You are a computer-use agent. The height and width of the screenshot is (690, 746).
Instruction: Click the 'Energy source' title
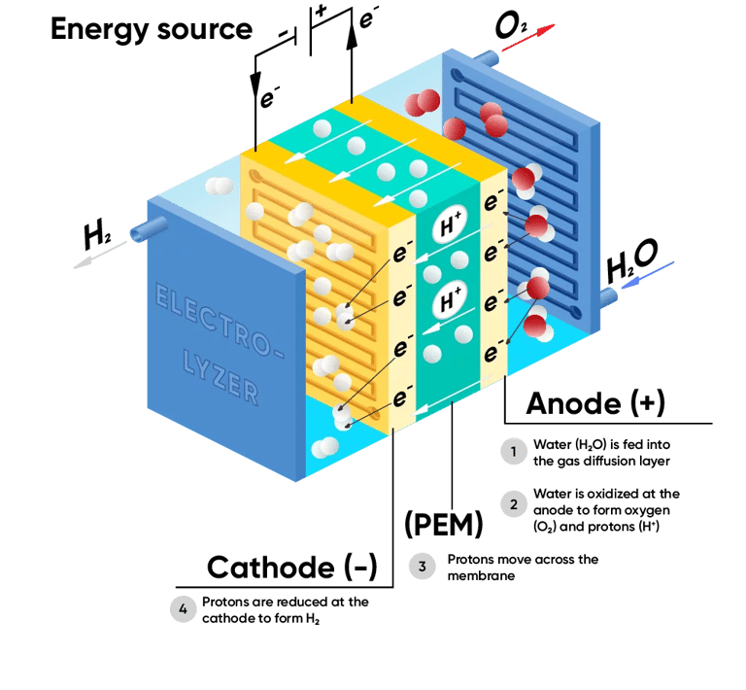(151, 29)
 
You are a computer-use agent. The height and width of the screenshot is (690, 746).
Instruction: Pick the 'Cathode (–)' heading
(291, 568)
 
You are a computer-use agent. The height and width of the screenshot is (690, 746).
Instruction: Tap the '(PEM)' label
(443, 526)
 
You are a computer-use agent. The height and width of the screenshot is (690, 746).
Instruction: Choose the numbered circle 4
(182, 609)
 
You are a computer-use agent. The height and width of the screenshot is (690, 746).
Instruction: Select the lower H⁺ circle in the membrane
(453, 301)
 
